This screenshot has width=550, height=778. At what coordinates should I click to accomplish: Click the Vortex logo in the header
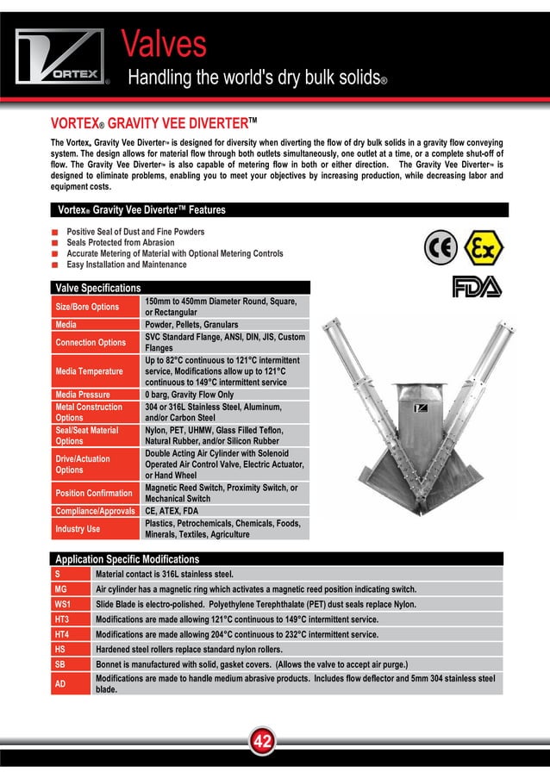60,58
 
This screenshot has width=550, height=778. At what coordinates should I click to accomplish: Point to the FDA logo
477,287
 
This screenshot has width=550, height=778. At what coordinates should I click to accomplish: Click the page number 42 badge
263,740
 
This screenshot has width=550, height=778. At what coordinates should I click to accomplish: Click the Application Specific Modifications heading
127,559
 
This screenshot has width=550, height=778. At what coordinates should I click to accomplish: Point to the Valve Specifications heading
97,287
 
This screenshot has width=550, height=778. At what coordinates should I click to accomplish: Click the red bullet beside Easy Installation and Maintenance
55,265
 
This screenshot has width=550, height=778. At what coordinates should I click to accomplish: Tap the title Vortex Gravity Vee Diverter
154,122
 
